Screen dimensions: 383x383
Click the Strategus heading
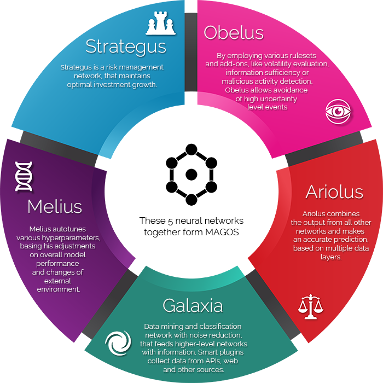tap(126, 47)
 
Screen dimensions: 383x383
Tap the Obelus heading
tap(234, 32)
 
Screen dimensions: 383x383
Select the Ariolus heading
tap(334, 192)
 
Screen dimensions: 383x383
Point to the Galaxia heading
tap(193, 305)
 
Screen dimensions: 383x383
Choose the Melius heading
tap(55, 207)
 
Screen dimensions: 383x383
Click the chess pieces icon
tap(161, 23)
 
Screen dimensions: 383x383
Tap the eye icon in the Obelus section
tap(338, 112)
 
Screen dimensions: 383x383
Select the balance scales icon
tap(310, 306)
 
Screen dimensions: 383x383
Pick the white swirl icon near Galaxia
tap(118, 343)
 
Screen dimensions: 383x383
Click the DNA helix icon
tap(24, 176)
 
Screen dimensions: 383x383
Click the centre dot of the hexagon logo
tap(191, 175)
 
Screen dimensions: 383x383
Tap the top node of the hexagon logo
tap(191, 150)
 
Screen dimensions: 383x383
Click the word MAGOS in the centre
tap(222, 232)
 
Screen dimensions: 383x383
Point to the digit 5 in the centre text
tap(170, 221)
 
